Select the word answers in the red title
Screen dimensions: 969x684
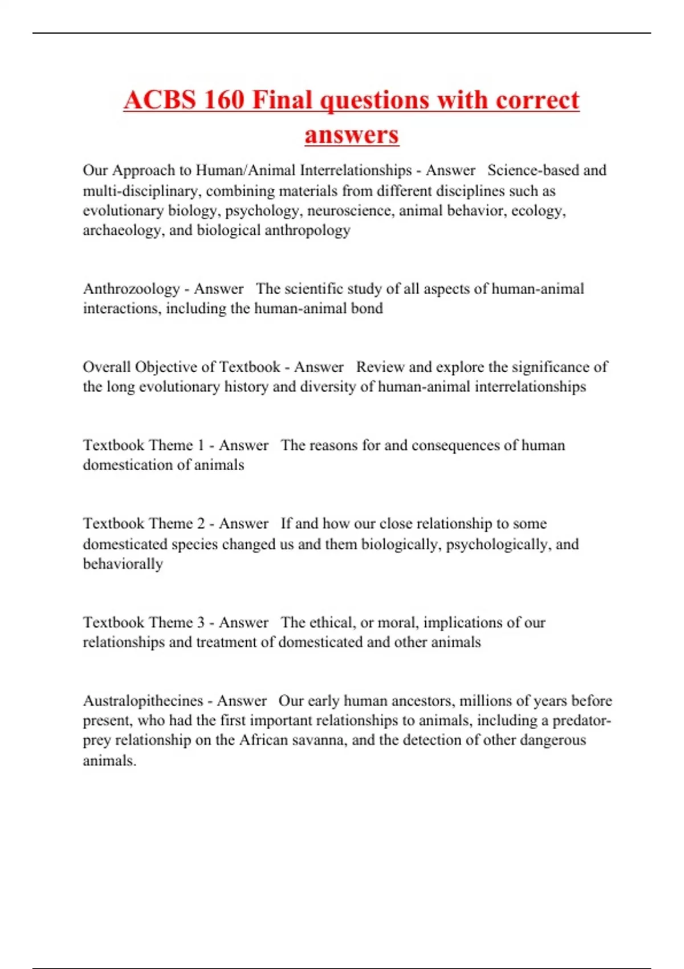coord(352,135)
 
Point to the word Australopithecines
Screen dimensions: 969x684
coord(143,701)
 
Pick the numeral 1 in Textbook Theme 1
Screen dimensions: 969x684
coord(201,445)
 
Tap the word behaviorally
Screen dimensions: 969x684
coord(123,564)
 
